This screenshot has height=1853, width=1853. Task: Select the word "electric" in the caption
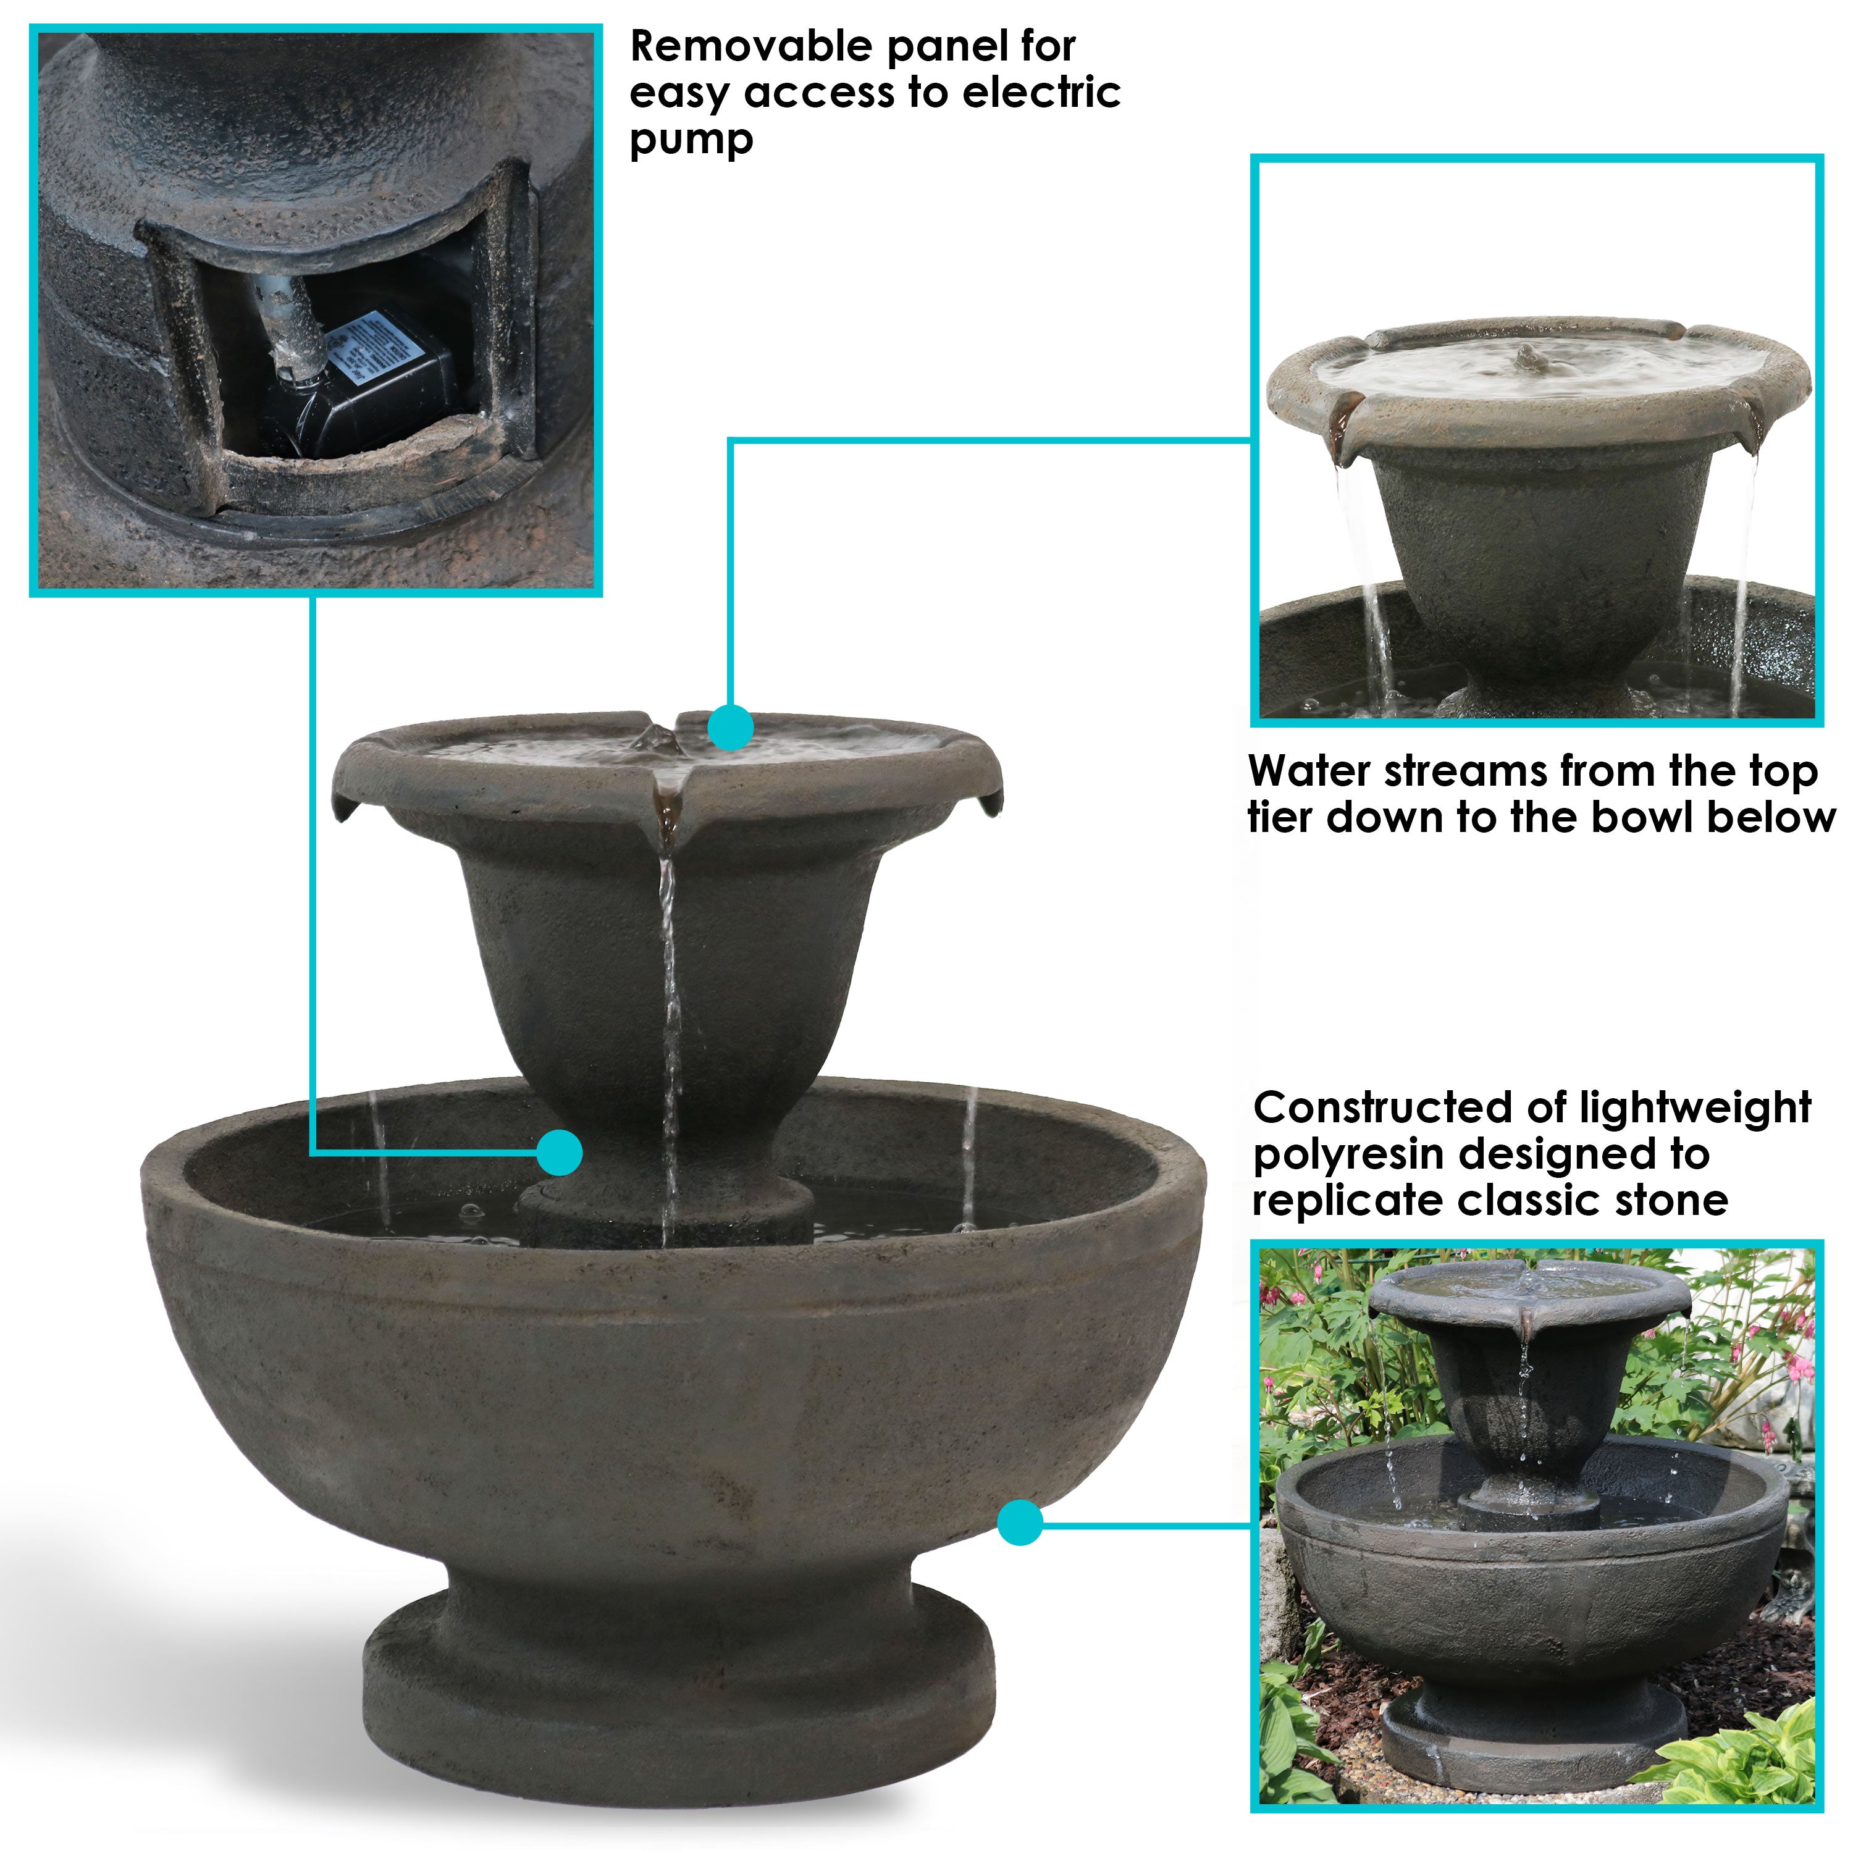[x=1041, y=93]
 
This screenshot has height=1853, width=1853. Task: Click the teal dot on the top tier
[x=731, y=727]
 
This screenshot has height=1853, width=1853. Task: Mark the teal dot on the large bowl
[x=1020, y=1522]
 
